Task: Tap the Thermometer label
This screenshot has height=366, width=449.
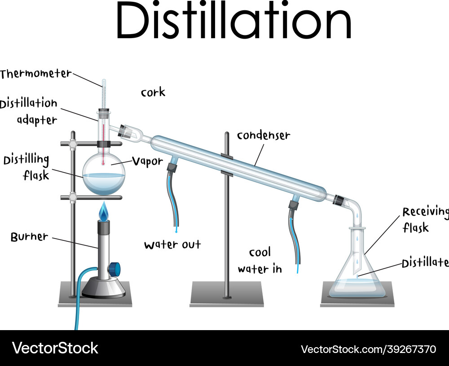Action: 35,74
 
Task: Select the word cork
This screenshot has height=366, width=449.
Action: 153,92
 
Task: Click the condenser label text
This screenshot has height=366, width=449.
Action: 264,135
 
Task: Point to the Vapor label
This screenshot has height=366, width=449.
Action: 147,161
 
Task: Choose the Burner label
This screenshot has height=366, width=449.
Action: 30,237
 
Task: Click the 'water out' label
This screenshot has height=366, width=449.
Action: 173,244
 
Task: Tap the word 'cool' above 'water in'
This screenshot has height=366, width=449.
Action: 260,253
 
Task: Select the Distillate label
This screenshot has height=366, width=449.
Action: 425,263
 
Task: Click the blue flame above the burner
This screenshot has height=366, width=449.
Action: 104,211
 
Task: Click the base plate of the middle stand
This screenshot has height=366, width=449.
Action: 226,294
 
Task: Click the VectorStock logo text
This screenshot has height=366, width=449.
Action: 55,348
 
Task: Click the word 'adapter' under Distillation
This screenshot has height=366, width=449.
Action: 37,120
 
